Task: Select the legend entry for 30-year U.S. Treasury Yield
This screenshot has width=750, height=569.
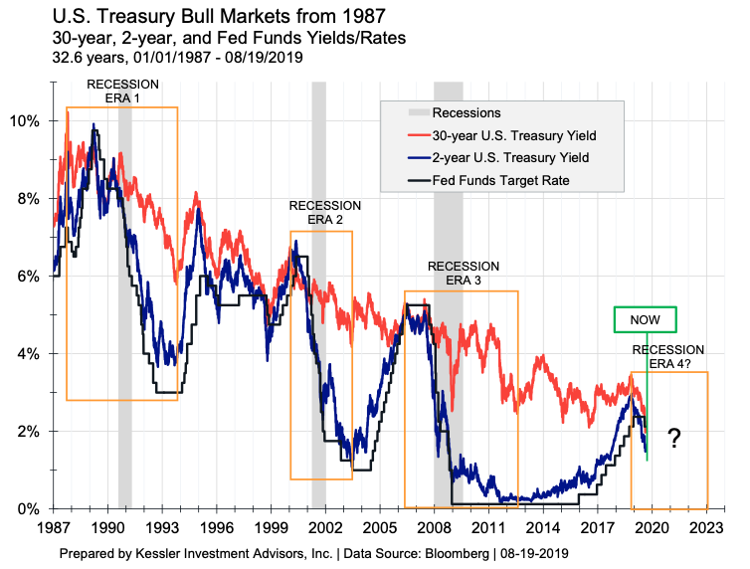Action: point(514,135)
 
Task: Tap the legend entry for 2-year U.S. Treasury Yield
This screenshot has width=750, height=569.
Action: point(511,157)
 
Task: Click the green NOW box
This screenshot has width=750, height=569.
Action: point(645,318)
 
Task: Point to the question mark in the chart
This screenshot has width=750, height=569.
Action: point(673,439)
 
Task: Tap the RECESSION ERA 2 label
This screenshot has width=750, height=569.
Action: point(324,212)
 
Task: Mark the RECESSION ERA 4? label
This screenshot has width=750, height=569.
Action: point(668,356)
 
